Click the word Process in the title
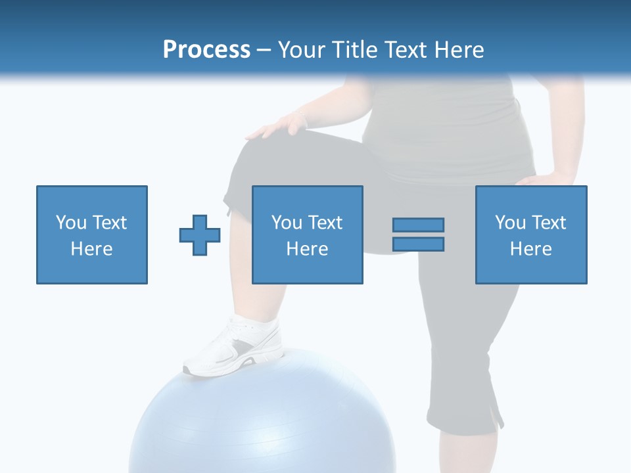206,50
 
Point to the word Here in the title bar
457,50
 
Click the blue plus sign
200,235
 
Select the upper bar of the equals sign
418,225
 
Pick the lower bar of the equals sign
418,244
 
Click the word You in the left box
71,223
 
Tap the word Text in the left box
108,223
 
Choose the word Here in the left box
91,249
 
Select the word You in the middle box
287,223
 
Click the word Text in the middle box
324,223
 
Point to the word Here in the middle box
307,249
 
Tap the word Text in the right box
548,223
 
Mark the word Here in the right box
530,249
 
